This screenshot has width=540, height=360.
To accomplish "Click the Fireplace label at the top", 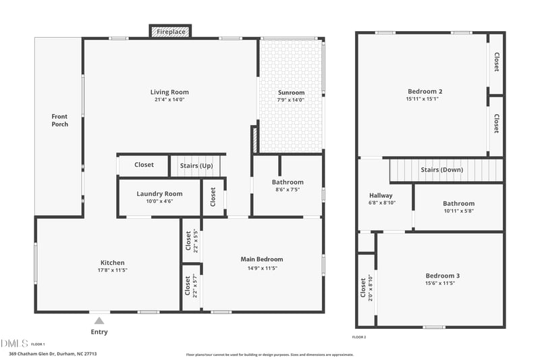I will coord(170,32).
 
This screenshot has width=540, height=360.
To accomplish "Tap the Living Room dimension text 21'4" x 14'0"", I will coord(169,100).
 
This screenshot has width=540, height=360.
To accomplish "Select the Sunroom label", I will coord(291,93).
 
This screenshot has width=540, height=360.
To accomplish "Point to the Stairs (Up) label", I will coord(196,165).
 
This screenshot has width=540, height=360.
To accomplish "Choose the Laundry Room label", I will coord(159,194).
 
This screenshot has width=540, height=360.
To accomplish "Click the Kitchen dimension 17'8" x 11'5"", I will coord(113,270).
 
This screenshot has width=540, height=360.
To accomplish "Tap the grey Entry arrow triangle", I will coord(99,321).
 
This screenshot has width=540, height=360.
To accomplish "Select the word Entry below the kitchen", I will coord(99,332).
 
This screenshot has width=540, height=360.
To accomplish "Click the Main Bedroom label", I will coord(262,259).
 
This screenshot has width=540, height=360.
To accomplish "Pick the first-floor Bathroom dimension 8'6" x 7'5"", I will coord(288,190).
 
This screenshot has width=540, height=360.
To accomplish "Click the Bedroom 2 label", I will coord(425,91).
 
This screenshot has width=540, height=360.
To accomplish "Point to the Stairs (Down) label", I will coord(441,170).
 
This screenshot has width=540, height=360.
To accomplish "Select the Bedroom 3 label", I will coord(442,276).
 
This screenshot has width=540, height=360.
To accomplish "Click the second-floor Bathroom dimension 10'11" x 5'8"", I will coord(458,211).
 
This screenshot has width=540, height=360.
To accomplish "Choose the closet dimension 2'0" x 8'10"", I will coord(371,288).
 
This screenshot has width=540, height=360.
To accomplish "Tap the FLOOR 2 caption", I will coord(359,336).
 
